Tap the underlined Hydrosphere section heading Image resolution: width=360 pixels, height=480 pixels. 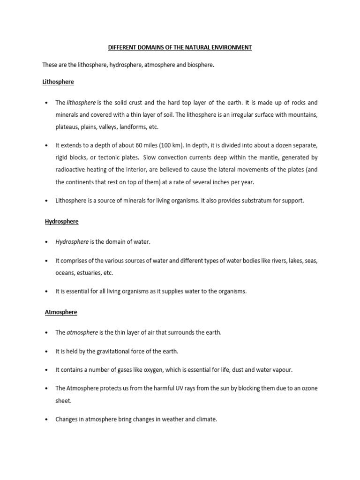61,221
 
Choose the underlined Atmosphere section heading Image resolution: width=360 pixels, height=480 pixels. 61,312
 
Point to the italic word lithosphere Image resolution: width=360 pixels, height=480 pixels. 81,103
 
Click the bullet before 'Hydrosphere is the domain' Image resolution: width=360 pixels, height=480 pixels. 47,242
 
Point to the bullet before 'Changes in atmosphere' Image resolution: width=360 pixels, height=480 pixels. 47,420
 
